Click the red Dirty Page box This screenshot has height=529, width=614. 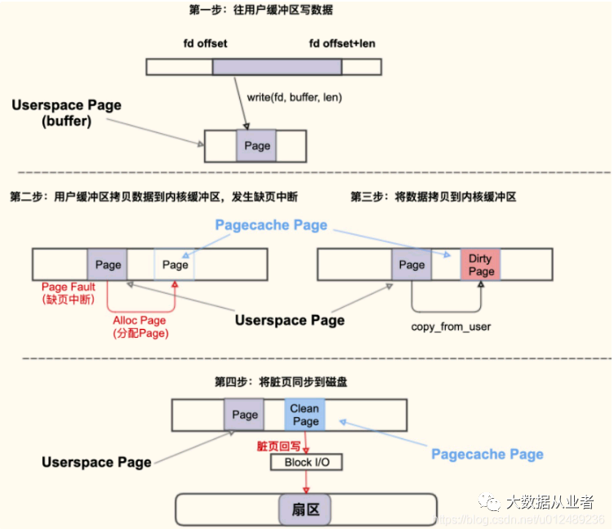[x=480, y=264]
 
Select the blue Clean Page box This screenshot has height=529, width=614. [x=305, y=415]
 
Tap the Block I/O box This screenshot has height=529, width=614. [x=306, y=462]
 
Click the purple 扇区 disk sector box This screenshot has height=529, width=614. [x=305, y=509]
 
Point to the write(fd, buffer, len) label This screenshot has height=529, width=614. [x=295, y=97]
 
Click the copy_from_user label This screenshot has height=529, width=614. [x=451, y=327]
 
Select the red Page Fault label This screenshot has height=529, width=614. [x=69, y=293]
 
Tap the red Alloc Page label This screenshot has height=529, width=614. [x=140, y=327]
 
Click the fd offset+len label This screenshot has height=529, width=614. [x=342, y=43]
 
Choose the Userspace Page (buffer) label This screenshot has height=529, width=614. [x=67, y=113]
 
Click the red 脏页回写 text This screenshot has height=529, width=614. [x=278, y=447]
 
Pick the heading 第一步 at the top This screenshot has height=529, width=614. [x=260, y=10]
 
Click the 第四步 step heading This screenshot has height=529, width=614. [x=281, y=382]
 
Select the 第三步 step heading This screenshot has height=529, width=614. [x=433, y=197]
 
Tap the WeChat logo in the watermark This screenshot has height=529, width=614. [x=489, y=501]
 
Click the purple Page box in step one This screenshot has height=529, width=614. [x=256, y=146]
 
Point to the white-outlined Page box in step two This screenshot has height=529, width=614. [x=174, y=264]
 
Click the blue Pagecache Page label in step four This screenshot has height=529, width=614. [x=487, y=454]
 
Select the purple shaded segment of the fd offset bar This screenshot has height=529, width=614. [x=277, y=67]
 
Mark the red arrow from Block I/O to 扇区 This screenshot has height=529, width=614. [x=306, y=482]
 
